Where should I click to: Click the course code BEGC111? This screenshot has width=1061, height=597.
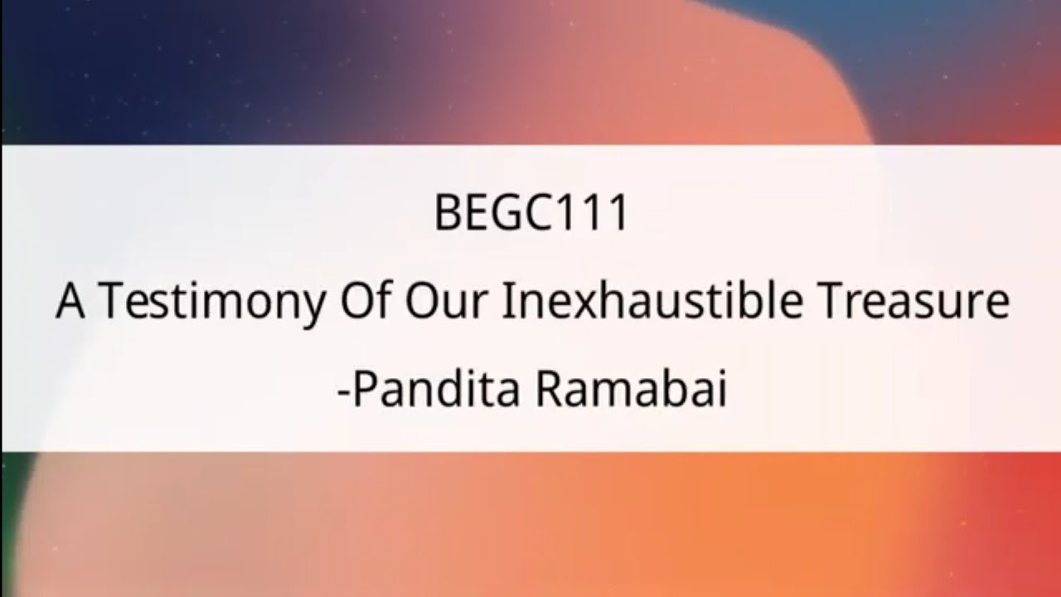click(530, 215)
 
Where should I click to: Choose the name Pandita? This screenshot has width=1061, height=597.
click(437, 391)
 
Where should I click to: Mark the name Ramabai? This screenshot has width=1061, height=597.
click(630, 391)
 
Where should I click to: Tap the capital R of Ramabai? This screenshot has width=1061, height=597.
click(547, 391)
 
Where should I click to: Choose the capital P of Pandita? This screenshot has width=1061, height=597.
click(362, 391)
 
